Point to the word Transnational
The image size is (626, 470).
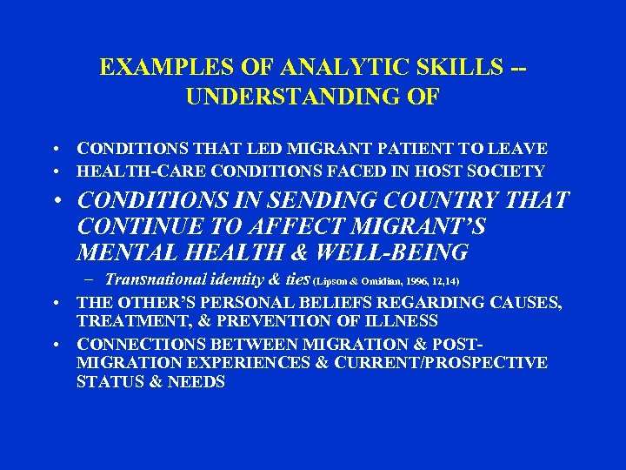tap(157, 279)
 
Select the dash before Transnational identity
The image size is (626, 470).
tap(91, 280)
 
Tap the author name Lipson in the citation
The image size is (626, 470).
tap(323, 282)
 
